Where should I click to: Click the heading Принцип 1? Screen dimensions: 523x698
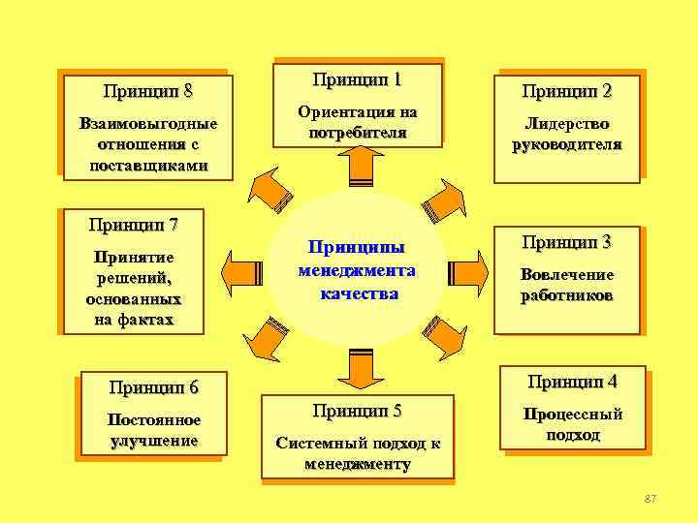click(358, 79)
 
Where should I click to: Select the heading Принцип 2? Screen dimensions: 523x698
click(567, 92)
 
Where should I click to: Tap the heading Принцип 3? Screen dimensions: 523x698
click(567, 241)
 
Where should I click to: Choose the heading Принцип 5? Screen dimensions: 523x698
click(358, 411)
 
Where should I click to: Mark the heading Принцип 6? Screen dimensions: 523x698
click(154, 388)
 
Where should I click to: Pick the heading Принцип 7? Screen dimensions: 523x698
click(133, 226)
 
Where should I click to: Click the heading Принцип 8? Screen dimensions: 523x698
click(147, 92)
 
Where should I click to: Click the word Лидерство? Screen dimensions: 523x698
click(567, 125)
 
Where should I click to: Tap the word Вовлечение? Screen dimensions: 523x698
click(567, 275)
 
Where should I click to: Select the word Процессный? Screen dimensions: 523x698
click(573, 415)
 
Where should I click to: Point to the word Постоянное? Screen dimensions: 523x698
click(155, 420)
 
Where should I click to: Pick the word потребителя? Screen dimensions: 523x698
click(358, 132)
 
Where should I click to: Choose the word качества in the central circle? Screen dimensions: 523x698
click(359, 292)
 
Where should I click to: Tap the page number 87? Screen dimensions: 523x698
click(650, 498)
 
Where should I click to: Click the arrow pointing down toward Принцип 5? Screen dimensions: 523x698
click(357, 366)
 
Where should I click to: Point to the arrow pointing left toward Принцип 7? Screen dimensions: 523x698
click(241, 266)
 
